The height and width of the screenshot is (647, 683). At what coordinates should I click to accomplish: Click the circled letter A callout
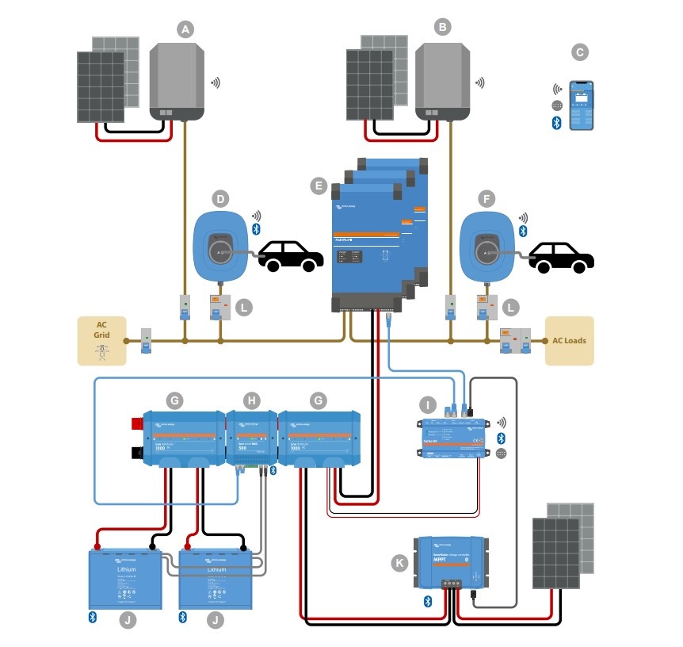pos(185,29)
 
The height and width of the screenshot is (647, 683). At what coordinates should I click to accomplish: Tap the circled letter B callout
pos(443,28)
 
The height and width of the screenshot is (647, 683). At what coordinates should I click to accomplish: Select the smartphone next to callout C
pos(582,105)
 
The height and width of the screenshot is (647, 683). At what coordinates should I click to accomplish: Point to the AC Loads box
pos(569,341)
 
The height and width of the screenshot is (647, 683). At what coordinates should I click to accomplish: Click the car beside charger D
pos(292,255)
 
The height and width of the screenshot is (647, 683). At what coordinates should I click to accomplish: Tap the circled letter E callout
pos(318,186)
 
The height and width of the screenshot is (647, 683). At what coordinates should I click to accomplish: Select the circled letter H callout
pos(252,400)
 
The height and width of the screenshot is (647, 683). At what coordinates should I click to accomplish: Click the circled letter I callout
pos(428,405)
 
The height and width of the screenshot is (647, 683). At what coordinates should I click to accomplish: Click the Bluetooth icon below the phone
pos(556,122)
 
